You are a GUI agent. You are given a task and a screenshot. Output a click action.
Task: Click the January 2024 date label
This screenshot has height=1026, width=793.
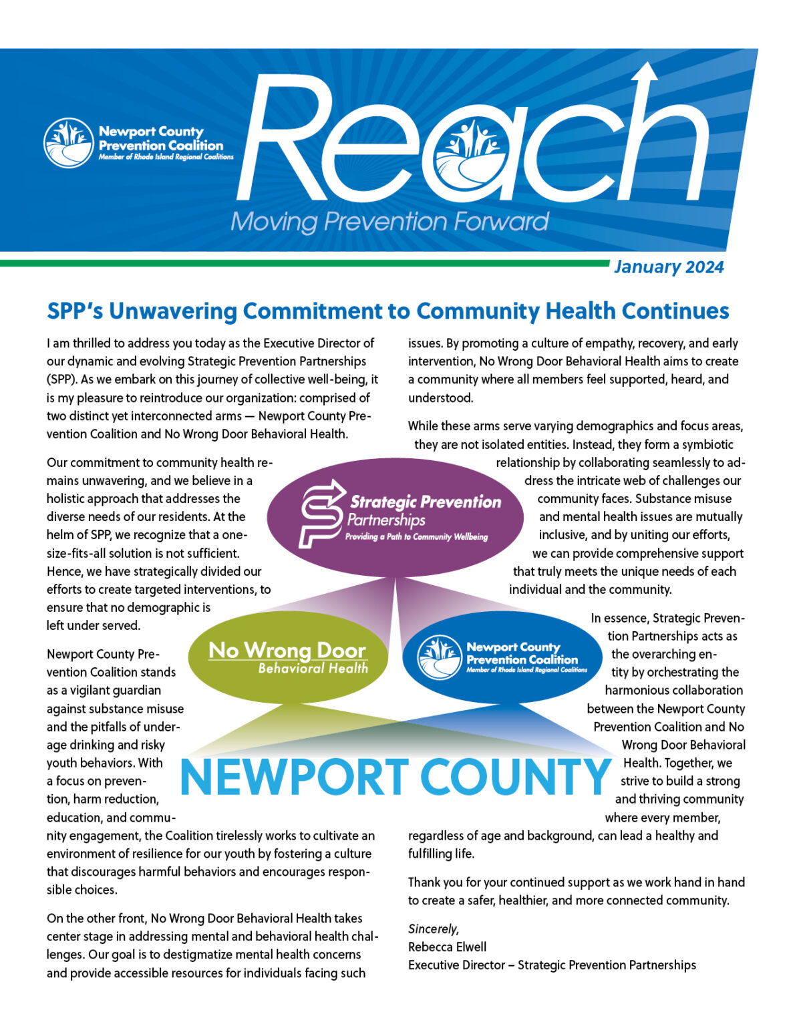tap(668, 267)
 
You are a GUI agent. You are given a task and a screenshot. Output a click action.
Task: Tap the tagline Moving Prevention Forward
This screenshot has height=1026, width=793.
tap(389, 222)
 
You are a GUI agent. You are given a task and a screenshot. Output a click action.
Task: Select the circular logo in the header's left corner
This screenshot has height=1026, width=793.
tap(68, 143)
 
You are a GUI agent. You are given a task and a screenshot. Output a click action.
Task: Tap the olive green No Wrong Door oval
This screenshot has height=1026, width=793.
tap(289, 657)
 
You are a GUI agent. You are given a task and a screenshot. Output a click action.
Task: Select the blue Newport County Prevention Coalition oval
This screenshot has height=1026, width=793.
tap(502, 657)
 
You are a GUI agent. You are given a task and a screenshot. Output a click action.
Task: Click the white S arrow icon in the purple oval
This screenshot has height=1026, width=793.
tap(321, 514)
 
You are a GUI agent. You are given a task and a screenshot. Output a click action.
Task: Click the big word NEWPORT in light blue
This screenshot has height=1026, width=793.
tap(295, 777)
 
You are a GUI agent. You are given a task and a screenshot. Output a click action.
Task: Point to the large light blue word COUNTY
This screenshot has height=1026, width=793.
tap(515, 777)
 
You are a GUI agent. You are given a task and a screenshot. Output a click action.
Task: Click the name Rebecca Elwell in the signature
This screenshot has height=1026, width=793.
tap(447, 947)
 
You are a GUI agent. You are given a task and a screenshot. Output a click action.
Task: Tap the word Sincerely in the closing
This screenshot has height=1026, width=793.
tap(433, 928)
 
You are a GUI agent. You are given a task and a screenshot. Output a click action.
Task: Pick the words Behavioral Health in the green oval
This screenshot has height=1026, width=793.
tap(313, 668)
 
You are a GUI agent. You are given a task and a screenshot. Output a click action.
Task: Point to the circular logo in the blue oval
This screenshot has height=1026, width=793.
tap(439, 657)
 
